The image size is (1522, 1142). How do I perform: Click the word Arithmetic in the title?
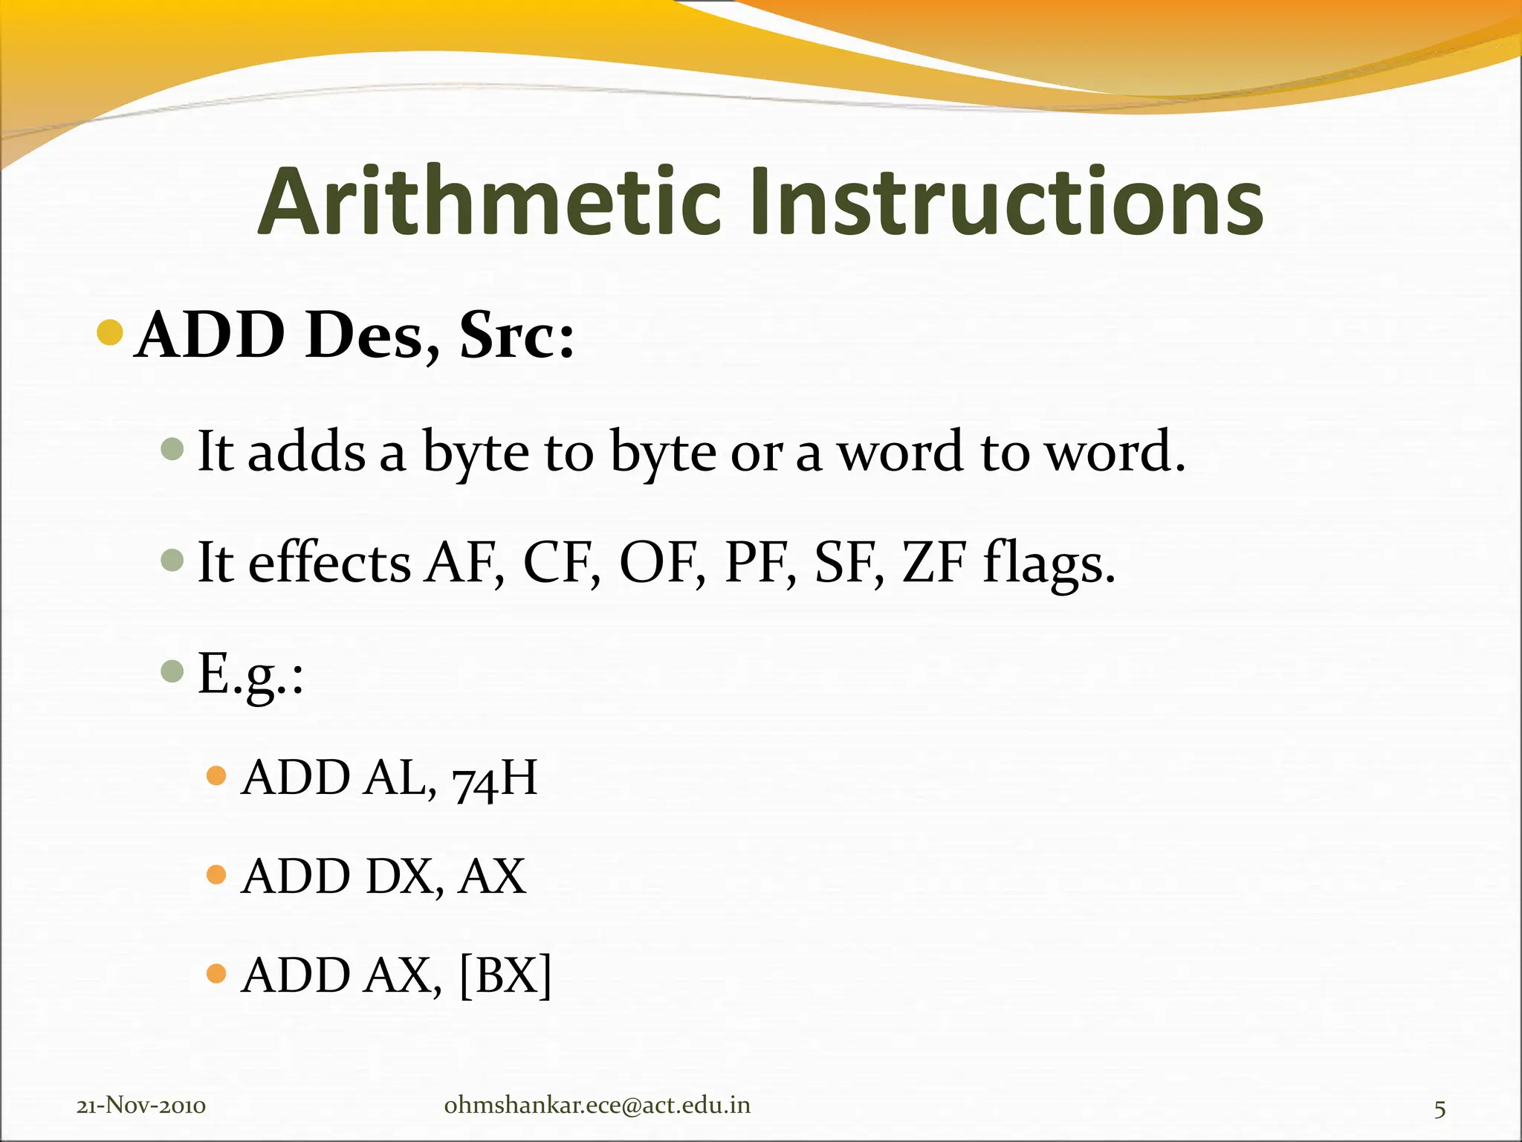tap(490, 202)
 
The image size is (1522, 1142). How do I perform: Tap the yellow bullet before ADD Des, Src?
tap(110, 332)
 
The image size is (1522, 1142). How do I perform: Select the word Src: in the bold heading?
tap(516, 335)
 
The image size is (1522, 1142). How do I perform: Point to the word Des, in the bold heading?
tap(372, 335)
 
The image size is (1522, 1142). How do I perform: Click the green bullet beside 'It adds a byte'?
tap(172, 448)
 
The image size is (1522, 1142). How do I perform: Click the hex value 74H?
tap(494, 778)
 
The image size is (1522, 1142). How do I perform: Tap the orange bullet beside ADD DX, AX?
tap(216, 874)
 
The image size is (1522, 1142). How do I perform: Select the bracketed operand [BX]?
tap(506, 975)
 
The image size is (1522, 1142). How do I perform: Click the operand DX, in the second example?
tap(405, 877)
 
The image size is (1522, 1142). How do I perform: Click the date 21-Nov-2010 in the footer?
tap(141, 1106)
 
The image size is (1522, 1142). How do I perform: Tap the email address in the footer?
tap(597, 1106)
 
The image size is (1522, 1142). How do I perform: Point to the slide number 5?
tap(1440, 1109)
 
